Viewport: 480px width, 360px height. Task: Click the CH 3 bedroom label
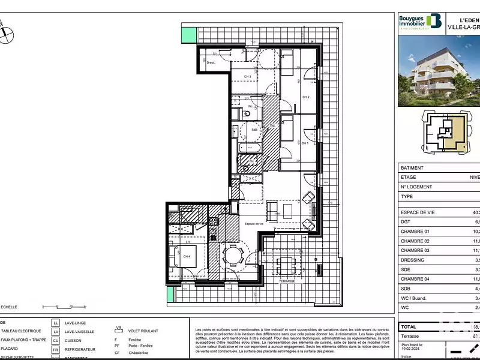point(247,77)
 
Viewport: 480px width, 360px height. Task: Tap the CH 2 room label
point(305,97)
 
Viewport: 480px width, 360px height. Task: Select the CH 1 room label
point(305,143)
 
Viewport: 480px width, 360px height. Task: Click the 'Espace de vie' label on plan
point(254,224)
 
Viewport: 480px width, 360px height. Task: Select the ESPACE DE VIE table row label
point(419,212)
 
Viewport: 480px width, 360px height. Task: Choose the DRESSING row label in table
point(412,260)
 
